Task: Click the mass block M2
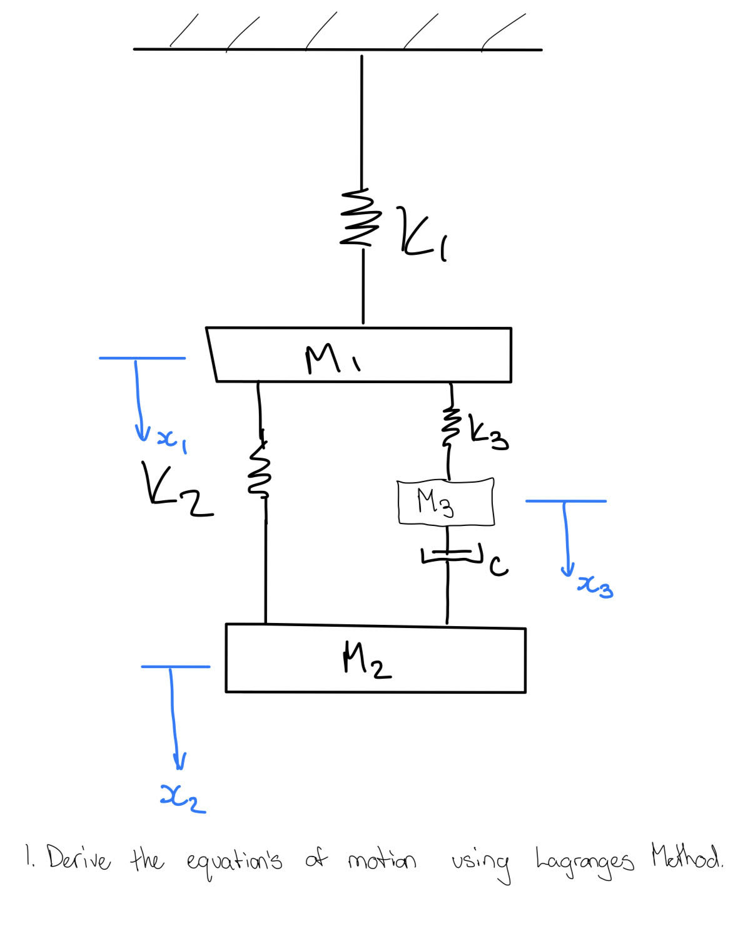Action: [x=375, y=659]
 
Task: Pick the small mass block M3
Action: [x=445, y=502]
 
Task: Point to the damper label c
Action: [x=499, y=566]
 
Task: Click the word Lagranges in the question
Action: [x=584, y=863]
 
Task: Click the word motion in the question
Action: [x=382, y=861]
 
